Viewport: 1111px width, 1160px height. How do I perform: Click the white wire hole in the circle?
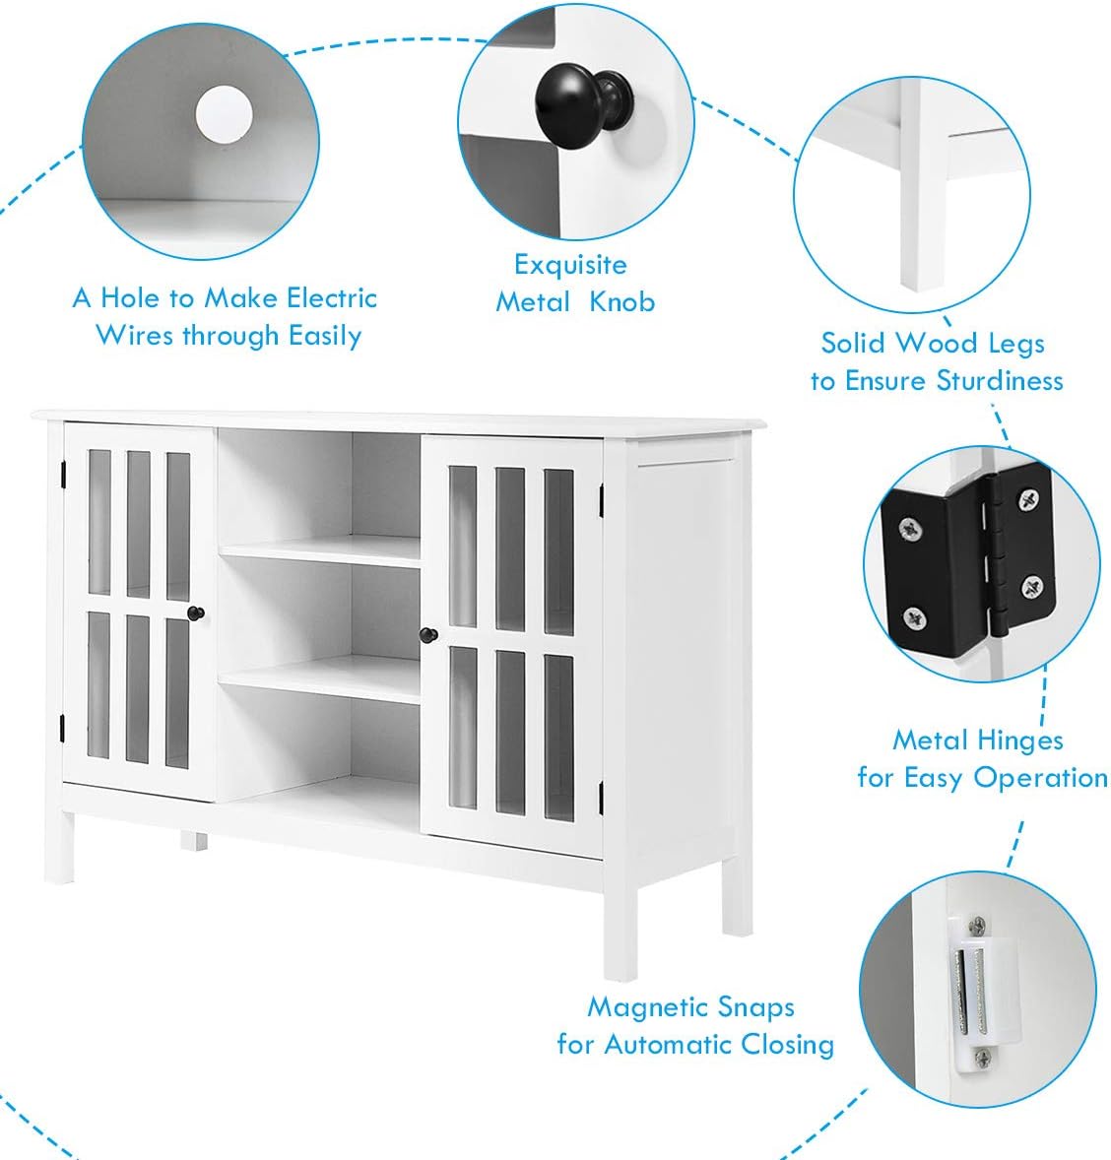coord(224,113)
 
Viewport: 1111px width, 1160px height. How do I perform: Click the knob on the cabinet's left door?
coord(195,613)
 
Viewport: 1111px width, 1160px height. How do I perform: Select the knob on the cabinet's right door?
coord(428,635)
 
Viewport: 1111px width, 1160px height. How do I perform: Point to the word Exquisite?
coord(570,265)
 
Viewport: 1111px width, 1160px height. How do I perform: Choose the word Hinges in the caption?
coord(1023,740)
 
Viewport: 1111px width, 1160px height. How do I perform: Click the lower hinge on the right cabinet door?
coord(600,793)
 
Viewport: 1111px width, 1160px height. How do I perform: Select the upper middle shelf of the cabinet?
coord(320,550)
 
